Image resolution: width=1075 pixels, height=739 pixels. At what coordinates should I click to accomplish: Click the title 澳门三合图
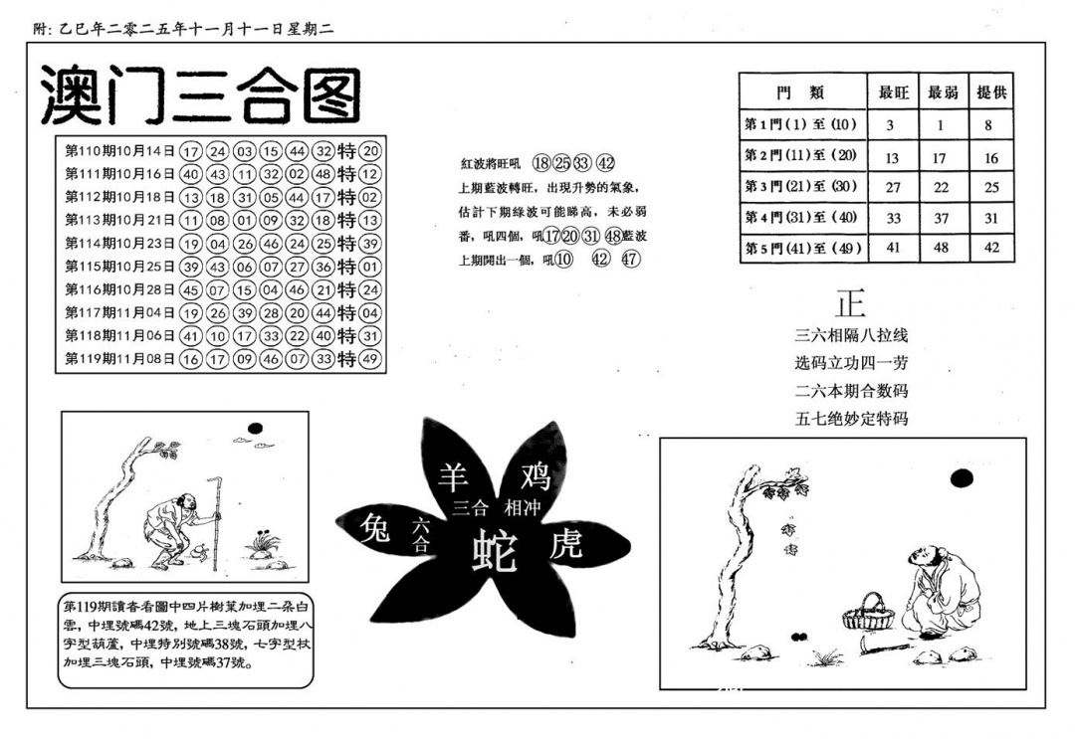(199, 95)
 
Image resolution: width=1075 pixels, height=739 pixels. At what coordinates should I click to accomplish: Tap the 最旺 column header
(892, 92)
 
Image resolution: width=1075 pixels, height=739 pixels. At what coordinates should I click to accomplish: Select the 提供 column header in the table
(991, 92)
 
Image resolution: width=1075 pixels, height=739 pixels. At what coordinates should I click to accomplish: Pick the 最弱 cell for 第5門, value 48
(942, 248)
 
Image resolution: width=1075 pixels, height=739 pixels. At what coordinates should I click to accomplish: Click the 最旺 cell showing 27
(892, 186)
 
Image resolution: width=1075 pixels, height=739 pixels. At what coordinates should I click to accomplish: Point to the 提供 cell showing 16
(991, 156)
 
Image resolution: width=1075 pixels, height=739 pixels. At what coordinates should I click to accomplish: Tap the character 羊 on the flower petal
(454, 477)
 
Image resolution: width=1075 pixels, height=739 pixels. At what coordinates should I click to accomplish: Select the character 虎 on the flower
(564, 543)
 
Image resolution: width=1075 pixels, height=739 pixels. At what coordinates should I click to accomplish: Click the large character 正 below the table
(851, 303)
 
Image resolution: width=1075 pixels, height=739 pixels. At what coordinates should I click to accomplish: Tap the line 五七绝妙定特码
(851, 419)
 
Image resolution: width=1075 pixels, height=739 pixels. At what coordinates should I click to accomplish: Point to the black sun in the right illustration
(961, 479)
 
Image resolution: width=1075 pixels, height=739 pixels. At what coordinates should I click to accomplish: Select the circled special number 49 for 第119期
(371, 358)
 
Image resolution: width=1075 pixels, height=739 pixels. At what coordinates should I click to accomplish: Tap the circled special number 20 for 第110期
(371, 151)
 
